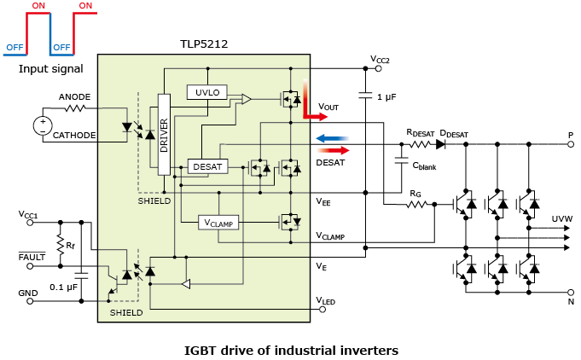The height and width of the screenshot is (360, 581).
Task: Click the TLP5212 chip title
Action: pos(203,44)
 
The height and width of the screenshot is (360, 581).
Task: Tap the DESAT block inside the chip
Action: pos(206,165)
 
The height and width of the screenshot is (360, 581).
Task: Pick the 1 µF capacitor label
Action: pos(386,97)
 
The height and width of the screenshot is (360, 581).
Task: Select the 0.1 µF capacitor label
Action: pos(65,286)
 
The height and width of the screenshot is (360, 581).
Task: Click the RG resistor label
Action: pos(415,194)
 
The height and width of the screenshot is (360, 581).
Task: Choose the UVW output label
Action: pos(562,219)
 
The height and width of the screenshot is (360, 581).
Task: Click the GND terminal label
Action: pos(29,293)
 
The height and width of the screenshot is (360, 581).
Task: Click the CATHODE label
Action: pos(74,134)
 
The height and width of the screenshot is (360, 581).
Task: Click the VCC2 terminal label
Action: pos(381,59)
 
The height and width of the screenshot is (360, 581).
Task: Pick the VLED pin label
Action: pos(325,300)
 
